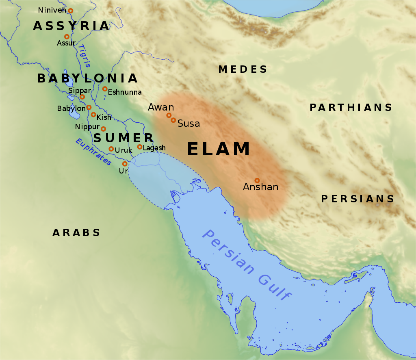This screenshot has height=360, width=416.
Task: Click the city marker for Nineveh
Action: point(70,11)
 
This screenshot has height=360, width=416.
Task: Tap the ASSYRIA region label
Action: point(71,26)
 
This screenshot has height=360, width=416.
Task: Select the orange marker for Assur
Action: point(67,37)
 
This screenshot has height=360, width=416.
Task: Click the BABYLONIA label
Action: point(87,78)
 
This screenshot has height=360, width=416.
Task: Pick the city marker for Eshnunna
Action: point(105,89)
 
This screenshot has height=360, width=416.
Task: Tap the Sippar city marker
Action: point(82,97)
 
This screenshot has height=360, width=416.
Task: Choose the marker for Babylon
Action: point(89,108)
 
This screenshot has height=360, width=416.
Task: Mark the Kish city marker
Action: point(93,115)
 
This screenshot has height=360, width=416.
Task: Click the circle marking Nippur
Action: point(103,129)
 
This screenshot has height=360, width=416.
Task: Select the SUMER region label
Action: point(123,138)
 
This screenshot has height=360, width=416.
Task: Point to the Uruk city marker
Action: point(111,149)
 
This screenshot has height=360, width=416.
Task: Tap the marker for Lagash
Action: point(139,147)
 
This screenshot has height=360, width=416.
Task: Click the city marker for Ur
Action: point(125,164)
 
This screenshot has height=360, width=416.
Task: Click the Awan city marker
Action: point(169,115)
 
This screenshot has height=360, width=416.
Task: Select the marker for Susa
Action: point(173,120)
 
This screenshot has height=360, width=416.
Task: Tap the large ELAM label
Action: point(219,149)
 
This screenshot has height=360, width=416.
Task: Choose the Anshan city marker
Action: point(257,180)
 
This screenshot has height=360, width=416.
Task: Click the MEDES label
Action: point(243,69)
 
